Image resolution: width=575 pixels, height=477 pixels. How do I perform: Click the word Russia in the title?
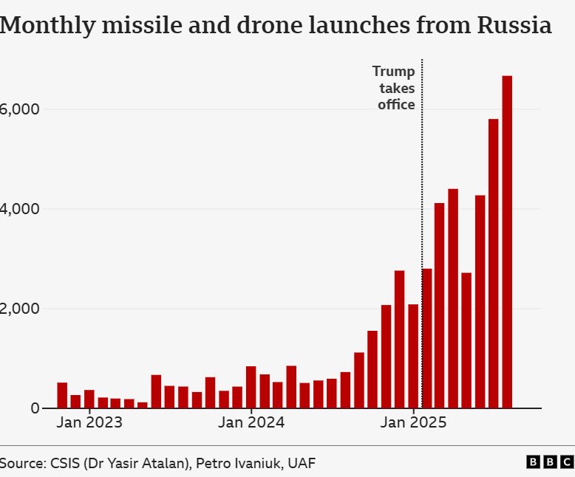pos(514,26)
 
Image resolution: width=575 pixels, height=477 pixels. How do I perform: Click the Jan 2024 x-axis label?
pos(252,423)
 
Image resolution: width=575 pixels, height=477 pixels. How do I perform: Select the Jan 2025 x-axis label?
pos(414,423)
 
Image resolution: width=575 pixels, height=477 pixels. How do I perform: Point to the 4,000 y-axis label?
pos(18,210)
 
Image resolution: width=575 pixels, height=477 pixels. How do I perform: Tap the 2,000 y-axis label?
pos(18,309)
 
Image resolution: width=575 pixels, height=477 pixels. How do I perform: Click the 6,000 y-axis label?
pos(18,109)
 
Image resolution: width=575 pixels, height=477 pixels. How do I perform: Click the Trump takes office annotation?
pos(394,88)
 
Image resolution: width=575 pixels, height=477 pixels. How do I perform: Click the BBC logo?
pos(550,462)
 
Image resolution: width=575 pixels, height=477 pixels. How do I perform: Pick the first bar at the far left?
pos(62,395)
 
